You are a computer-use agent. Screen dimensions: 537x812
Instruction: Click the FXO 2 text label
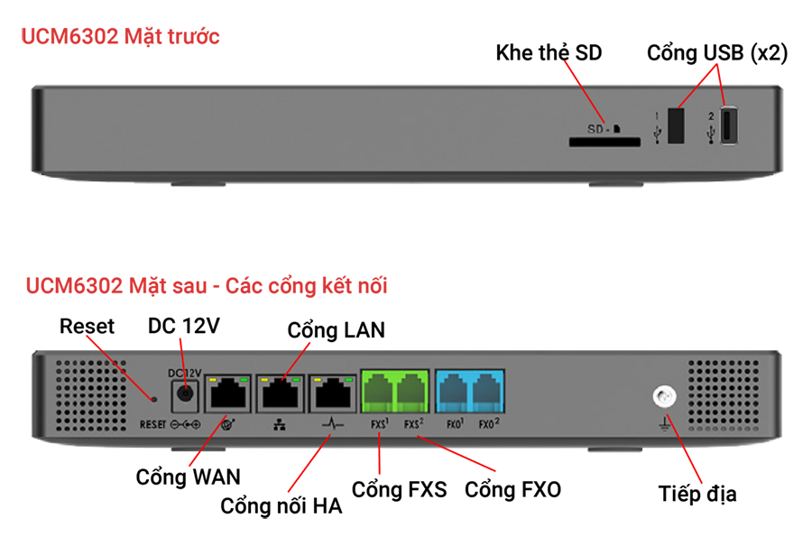(x=487, y=422)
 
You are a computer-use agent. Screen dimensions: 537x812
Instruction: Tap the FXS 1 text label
(x=379, y=422)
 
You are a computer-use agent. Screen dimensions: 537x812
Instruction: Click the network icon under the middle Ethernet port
(x=281, y=422)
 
